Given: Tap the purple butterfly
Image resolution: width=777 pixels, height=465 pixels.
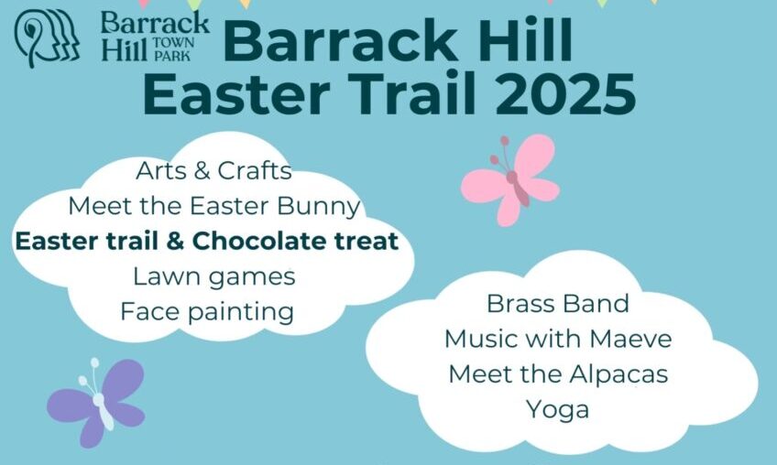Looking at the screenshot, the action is pos(97,402).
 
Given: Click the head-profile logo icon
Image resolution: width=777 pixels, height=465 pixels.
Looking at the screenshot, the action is pos(47,38).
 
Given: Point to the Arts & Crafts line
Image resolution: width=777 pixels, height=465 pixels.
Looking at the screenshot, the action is pos(213,171).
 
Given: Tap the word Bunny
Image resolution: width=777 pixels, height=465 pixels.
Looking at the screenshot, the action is pos(318,207).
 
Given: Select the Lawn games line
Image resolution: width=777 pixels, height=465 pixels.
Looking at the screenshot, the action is pos(214,276).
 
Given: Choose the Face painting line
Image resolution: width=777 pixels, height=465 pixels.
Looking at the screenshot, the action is pos(207,312).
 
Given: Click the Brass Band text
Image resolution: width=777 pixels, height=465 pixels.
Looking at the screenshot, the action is pos(558,304).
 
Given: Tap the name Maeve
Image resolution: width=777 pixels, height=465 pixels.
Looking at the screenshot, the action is pos(630,340).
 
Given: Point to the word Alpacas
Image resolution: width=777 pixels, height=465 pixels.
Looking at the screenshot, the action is pos(618,375).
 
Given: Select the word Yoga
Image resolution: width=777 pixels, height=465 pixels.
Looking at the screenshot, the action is pos(557,410).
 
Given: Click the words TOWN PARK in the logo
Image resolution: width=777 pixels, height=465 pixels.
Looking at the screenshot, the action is pos(173,49).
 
